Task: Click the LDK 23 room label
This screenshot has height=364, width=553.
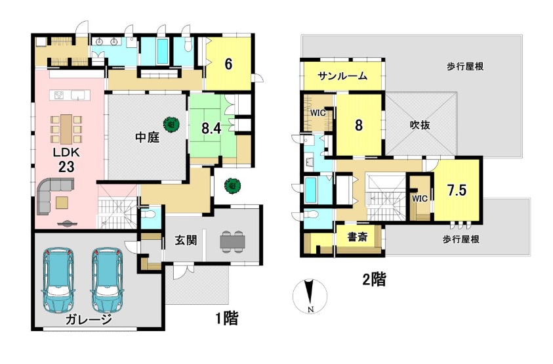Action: click(x=66, y=160)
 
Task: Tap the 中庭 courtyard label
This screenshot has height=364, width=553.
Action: click(x=148, y=137)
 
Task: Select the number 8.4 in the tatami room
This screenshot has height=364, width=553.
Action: click(x=211, y=129)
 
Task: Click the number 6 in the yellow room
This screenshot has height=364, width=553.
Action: click(x=228, y=64)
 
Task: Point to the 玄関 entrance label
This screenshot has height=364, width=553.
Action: click(x=186, y=240)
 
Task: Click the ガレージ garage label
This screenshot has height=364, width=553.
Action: click(x=89, y=320)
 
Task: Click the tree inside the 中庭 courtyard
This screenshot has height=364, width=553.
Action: click(x=171, y=124)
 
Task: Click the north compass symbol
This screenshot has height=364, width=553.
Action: click(x=310, y=296)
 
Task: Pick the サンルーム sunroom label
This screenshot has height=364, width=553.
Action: click(x=342, y=76)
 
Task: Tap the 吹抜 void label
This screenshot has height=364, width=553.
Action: click(x=420, y=125)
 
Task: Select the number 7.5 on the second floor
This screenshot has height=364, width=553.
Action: click(x=457, y=191)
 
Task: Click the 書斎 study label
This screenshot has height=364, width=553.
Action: click(x=358, y=237)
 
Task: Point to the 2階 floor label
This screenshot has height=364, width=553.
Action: click(x=374, y=281)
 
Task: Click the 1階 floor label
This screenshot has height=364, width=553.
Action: click(x=227, y=319)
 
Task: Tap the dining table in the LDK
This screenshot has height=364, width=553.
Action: click(x=66, y=129)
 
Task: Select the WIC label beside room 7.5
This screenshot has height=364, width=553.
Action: click(x=420, y=198)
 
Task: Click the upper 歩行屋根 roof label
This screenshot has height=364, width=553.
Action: click(x=465, y=66)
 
